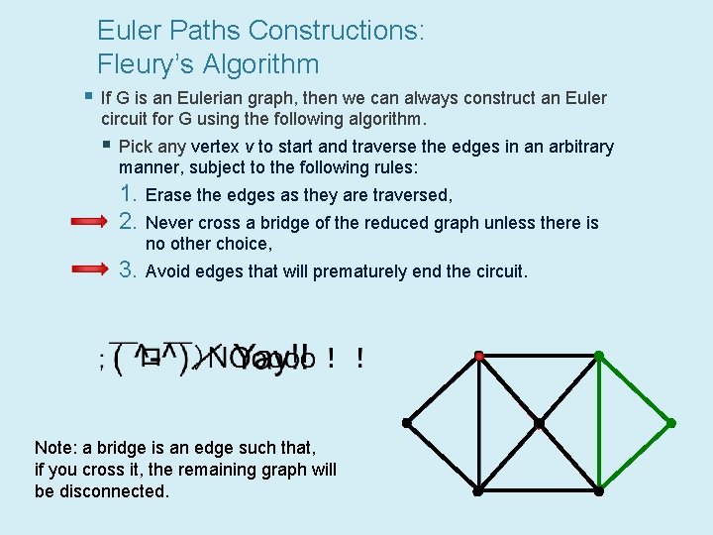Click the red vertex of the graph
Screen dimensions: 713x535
478,355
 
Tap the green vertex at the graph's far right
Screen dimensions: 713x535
670,423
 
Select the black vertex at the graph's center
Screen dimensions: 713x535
539,423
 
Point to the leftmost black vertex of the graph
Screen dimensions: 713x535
407,423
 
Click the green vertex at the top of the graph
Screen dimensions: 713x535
599,355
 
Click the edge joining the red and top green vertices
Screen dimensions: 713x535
539,355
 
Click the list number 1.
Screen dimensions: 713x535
127,194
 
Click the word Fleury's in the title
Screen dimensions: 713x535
146,65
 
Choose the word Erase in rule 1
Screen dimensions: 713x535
168,196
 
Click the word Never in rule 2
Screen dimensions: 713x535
170,224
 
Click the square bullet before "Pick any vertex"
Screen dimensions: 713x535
106,146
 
